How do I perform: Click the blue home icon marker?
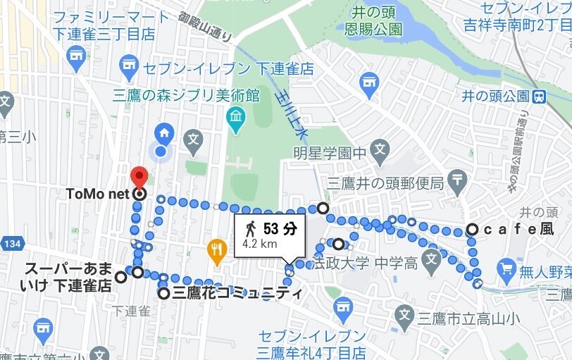click(x=164, y=132)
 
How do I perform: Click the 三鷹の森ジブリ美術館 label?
click(x=186, y=94)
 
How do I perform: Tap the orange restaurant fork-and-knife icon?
click(x=216, y=248)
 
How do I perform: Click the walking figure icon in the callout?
click(x=250, y=228)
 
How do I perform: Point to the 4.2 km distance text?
click(x=259, y=244)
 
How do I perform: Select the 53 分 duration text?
click(x=280, y=228)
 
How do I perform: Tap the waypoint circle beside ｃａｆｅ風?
click(x=471, y=229)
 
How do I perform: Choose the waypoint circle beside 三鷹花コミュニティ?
click(x=163, y=293)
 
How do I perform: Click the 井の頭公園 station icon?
click(x=540, y=96)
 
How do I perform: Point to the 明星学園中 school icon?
click(x=380, y=149)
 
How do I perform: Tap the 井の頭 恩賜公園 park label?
click(x=378, y=20)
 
